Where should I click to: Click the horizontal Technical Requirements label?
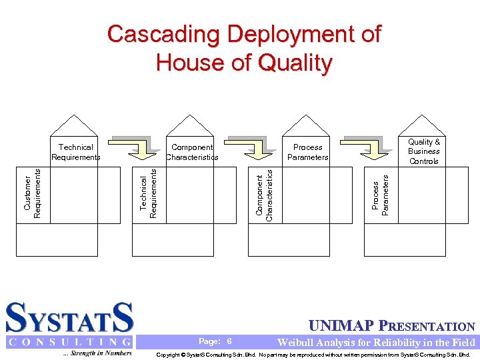point(76,152)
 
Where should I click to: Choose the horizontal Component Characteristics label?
point(192,152)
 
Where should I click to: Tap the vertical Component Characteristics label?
point(265,194)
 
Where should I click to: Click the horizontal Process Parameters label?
point(307,152)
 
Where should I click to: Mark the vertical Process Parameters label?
point(380,194)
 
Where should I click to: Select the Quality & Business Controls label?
point(424,151)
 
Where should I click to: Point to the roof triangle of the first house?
point(76,125)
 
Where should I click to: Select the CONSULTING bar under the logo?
point(70,342)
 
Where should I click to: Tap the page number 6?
point(229,341)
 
